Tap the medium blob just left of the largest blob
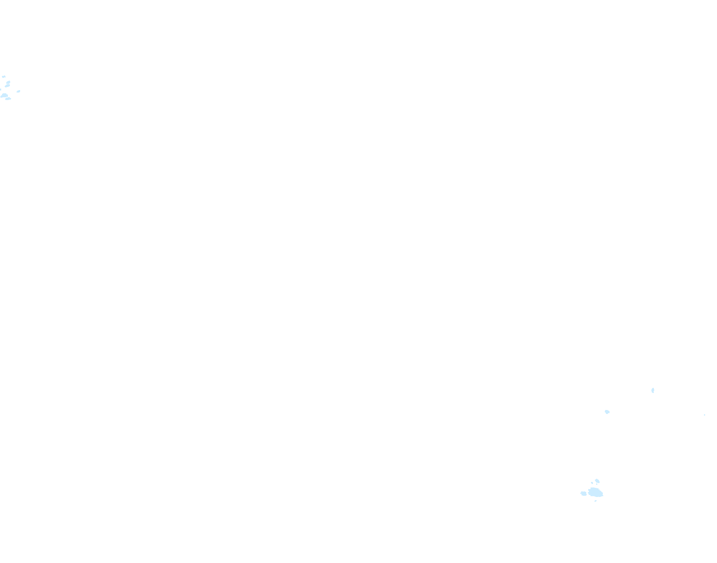583,493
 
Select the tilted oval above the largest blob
597,481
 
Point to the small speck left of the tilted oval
592,483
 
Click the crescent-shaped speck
653,390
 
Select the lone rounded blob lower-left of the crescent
607,412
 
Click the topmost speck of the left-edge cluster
4,76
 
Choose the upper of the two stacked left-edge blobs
8,82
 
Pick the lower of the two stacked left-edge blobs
7,86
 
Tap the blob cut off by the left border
0,90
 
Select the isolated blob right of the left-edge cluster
18,91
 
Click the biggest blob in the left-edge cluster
4,95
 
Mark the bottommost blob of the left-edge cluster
8,98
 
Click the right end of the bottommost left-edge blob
11,98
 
